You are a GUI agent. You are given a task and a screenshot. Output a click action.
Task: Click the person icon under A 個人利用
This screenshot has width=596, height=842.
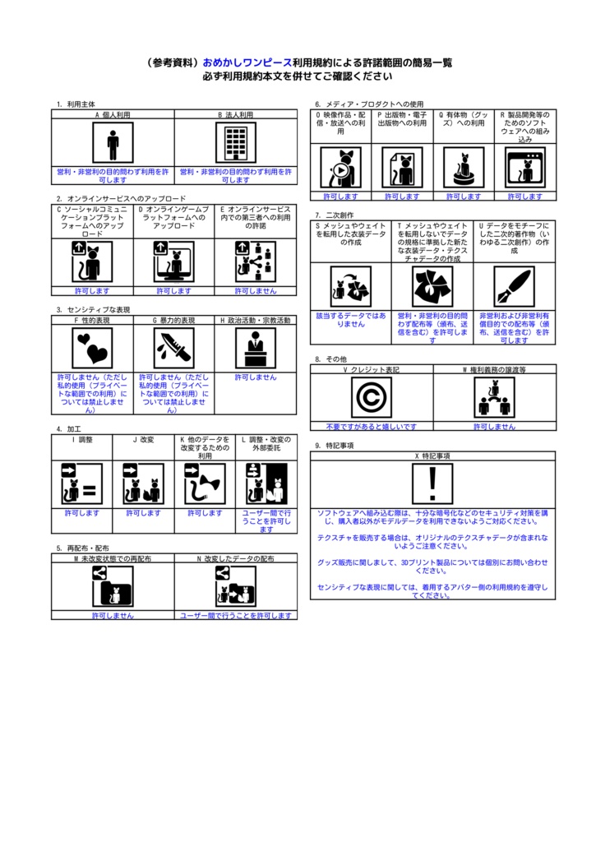click(x=113, y=144)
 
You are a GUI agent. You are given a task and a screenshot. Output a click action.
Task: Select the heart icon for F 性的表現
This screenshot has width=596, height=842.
click(x=92, y=349)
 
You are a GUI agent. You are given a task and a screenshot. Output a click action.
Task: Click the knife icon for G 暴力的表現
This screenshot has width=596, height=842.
click(x=173, y=349)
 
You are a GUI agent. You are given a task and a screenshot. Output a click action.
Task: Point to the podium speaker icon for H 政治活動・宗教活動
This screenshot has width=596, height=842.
click(x=256, y=349)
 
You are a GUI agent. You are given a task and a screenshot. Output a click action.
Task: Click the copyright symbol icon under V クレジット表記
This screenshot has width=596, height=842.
click(x=372, y=398)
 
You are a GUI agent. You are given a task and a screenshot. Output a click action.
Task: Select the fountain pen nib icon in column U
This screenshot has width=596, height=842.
click(x=515, y=286)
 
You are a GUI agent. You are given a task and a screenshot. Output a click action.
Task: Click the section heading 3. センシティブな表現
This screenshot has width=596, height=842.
click(x=93, y=309)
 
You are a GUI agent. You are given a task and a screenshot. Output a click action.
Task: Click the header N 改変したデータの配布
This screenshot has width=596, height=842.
click(x=236, y=558)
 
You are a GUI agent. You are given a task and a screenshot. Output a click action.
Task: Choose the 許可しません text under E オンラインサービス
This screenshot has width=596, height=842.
click(x=256, y=291)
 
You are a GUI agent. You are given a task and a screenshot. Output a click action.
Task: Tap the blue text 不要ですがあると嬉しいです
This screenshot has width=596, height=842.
click(x=372, y=427)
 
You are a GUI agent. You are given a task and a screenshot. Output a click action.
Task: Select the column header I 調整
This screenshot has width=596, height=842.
click(x=82, y=440)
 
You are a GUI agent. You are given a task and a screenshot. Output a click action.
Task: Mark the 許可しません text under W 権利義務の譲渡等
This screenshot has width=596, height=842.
click(x=495, y=427)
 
